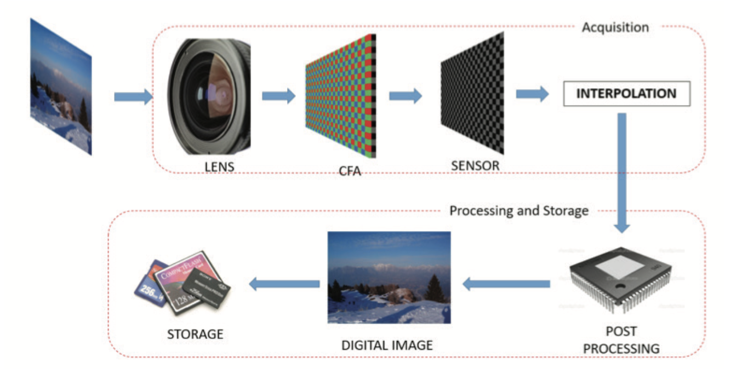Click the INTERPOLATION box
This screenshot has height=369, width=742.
(626, 93)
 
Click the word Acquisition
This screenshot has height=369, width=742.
(615, 27)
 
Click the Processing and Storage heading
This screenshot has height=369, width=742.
(519, 210)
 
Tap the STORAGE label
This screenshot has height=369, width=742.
(195, 333)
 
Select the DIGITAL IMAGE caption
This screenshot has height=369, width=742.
(387, 345)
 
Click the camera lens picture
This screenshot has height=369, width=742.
(210, 96)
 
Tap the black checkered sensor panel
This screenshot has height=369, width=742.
(472, 93)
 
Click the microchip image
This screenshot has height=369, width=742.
(620, 282)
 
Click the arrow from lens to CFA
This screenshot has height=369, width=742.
(278, 96)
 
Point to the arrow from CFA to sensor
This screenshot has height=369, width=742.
(406, 96)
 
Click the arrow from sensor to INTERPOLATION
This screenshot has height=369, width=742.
(532, 94)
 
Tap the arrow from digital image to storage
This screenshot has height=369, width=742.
(284, 283)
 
